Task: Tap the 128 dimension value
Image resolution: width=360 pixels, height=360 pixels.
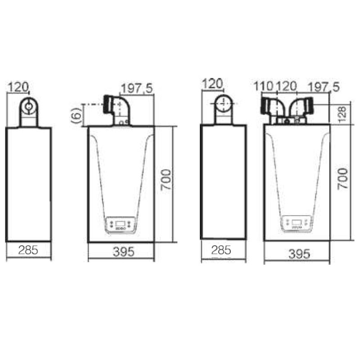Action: coord(342,114)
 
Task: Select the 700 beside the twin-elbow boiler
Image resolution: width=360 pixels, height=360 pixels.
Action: coord(342,179)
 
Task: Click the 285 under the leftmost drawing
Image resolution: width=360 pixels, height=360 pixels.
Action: coord(28,251)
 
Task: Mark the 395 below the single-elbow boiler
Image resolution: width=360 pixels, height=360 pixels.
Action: coord(121,252)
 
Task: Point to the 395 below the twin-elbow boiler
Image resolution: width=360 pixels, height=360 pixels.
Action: coord(297,254)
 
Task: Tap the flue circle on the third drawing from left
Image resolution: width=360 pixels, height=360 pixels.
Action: coord(223,104)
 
